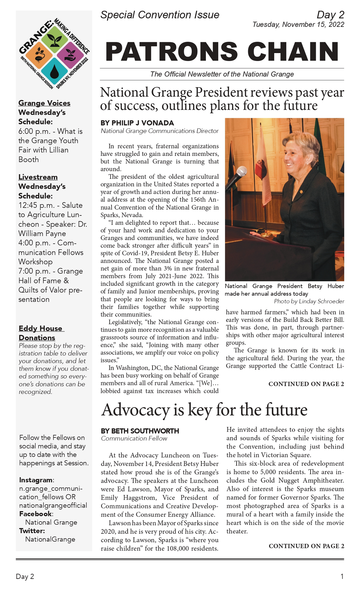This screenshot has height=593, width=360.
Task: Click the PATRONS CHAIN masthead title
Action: click(222, 52)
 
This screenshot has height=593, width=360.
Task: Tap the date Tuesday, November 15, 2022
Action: click(298, 25)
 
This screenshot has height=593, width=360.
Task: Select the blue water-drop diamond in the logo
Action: click(54, 70)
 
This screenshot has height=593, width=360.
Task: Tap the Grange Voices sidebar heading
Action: click(44, 103)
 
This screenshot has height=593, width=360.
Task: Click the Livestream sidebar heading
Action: click(38, 177)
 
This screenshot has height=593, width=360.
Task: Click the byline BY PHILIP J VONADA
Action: click(137, 123)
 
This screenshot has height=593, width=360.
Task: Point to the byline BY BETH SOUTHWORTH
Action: click(140, 431)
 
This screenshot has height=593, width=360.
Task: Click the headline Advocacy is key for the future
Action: click(204, 410)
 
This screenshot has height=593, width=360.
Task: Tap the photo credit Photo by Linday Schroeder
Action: click(309, 301)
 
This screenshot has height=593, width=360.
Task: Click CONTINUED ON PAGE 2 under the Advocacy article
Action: click(306, 546)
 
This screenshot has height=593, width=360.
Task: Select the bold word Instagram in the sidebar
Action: click(36, 480)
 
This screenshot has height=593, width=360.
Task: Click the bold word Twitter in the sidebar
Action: click(32, 531)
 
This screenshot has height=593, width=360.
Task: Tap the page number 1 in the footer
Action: click(342, 577)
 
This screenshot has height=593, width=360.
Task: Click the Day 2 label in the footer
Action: click(25, 577)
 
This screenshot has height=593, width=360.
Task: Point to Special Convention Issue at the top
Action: click(160, 15)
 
